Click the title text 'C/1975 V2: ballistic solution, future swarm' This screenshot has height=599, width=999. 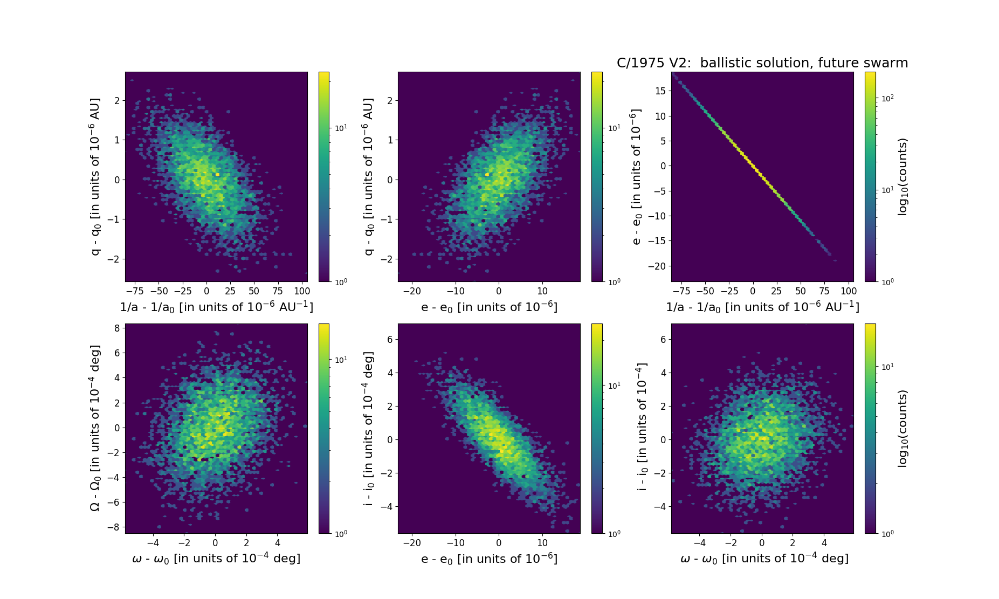click(762, 63)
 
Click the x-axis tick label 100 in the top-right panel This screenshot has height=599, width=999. click(848, 291)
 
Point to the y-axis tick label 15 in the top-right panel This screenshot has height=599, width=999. click(660, 91)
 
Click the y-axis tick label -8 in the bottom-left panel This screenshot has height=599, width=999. click(114, 527)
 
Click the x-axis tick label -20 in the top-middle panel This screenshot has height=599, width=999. click(412, 291)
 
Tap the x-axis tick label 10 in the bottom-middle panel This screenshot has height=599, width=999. click(542, 543)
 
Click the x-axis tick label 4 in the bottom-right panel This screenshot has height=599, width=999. click(824, 543)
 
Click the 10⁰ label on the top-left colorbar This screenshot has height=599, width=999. click(341, 281)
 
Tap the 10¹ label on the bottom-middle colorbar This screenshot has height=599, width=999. click(614, 386)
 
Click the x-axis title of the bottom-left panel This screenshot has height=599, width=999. click(216, 559)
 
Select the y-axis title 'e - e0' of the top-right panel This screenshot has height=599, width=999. click(637, 177)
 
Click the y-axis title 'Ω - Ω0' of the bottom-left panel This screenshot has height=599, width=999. click(95, 429)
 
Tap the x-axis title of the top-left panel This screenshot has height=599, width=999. click(216, 307)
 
